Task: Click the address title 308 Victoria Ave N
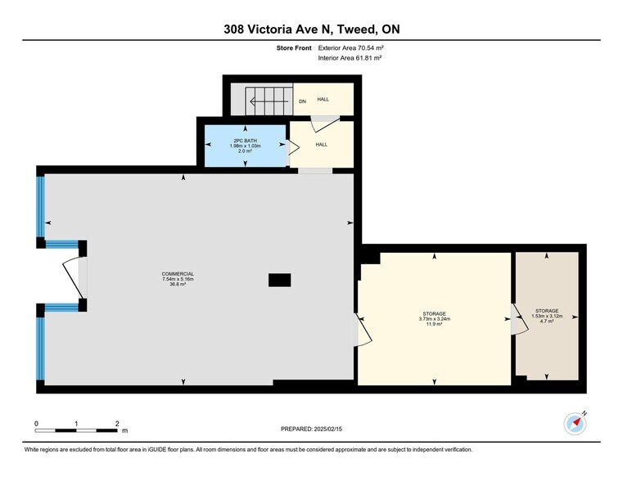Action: click(311, 29)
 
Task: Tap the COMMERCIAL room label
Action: click(178, 279)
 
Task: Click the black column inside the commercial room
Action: click(279, 280)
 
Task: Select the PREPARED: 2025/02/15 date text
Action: click(311, 429)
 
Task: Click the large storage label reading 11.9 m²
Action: click(434, 319)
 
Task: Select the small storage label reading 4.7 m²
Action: click(546, 316)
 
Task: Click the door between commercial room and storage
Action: click(360, 331)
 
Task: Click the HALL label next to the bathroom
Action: click(323, 145)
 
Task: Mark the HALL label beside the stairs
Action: click(323, 99)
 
